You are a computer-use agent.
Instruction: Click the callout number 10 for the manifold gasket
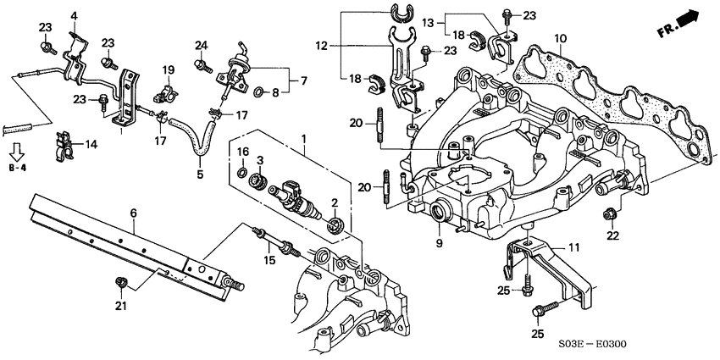click(560, 39)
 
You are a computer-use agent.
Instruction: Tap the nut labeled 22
click(610, 213)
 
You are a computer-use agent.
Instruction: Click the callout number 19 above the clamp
click(168, 69)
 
